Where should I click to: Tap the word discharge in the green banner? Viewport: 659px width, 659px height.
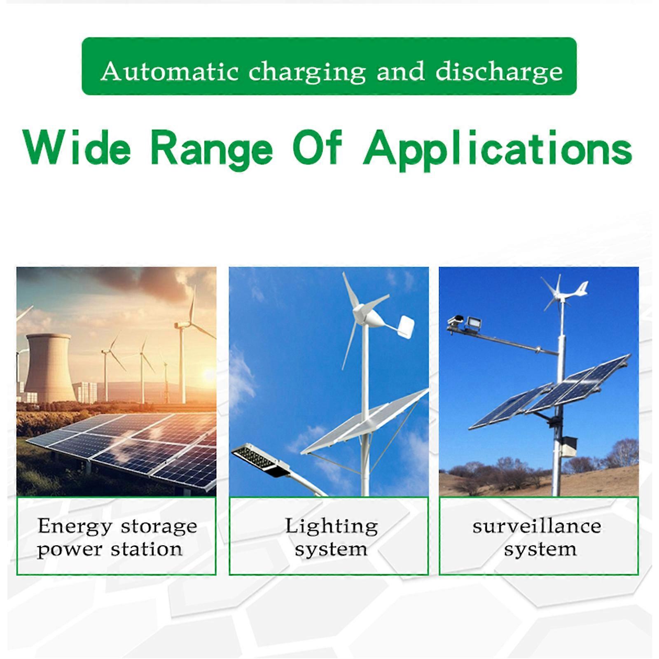tap(499, 72)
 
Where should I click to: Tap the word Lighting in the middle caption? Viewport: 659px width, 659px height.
tap(332, 527)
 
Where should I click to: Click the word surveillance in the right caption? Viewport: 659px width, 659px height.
tap(537, 526)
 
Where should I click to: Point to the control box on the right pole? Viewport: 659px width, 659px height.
tap(569, 446)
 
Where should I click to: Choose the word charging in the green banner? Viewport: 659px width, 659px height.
tap(307, 72)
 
